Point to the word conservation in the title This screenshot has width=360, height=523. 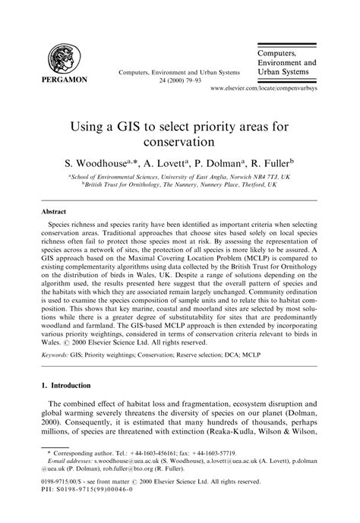point(179,140)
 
